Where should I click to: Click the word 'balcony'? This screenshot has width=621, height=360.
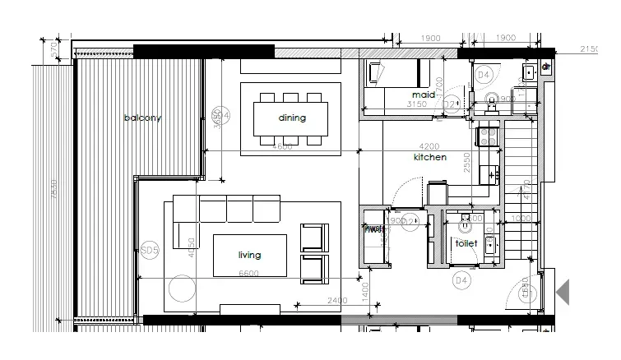tap(142, 118)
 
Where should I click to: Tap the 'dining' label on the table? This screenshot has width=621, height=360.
tap(291, 118)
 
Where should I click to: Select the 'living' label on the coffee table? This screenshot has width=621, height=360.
tap(249, 255)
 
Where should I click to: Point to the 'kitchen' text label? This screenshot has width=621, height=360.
tap(429, 156)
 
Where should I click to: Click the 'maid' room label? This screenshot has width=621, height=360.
tap(423, 95)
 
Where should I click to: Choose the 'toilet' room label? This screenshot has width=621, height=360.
tap(466, 244)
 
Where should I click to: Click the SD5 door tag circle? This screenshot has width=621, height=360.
tap(149, 249)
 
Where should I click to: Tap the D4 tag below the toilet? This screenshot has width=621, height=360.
tap(461, 281)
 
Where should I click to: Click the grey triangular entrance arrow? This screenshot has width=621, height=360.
tap(563, 292)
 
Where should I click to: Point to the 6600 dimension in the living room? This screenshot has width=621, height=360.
tap(248, 274)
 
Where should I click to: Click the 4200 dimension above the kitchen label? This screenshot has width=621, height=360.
tap(429, 146)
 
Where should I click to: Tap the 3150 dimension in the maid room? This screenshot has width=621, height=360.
tap(419, 104)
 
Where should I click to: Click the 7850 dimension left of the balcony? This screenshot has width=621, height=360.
tap(55, 189)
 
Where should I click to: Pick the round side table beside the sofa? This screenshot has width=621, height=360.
tap(181, 289)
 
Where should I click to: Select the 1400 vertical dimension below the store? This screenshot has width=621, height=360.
tap(366, 287)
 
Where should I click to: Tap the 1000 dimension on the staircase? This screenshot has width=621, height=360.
tap(521, 218)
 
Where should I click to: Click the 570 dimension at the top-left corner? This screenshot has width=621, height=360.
tap(55, 50)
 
